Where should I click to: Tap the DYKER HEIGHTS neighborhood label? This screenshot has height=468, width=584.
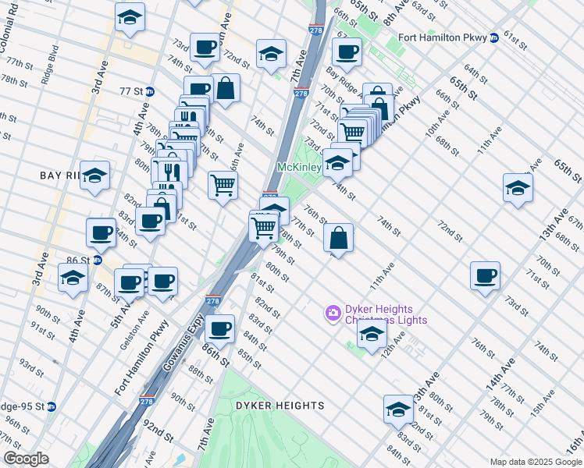pos(280,406)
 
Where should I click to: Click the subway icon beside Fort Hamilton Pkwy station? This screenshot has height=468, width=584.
pos(494,37)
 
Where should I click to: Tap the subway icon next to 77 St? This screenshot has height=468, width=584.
pos(149,91)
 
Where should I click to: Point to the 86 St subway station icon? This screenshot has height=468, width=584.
pos(97,260)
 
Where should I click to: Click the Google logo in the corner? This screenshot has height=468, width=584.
pos(26,459)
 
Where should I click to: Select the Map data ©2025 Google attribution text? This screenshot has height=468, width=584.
pos(536,462)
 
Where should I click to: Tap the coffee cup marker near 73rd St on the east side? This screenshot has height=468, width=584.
pos(485,275)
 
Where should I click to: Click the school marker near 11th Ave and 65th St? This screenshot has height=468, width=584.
pos(518,187)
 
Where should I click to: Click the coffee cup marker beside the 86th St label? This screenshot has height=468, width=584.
pos(221,328)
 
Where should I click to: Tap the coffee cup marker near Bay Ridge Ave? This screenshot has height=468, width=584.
pos(346,52)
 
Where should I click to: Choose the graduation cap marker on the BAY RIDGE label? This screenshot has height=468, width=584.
pos(94,175)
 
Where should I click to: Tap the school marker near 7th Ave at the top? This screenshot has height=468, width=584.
pos(271,54)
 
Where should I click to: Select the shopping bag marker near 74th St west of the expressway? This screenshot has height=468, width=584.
pos(225,88)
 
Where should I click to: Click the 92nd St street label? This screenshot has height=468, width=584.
pos(158,428)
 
